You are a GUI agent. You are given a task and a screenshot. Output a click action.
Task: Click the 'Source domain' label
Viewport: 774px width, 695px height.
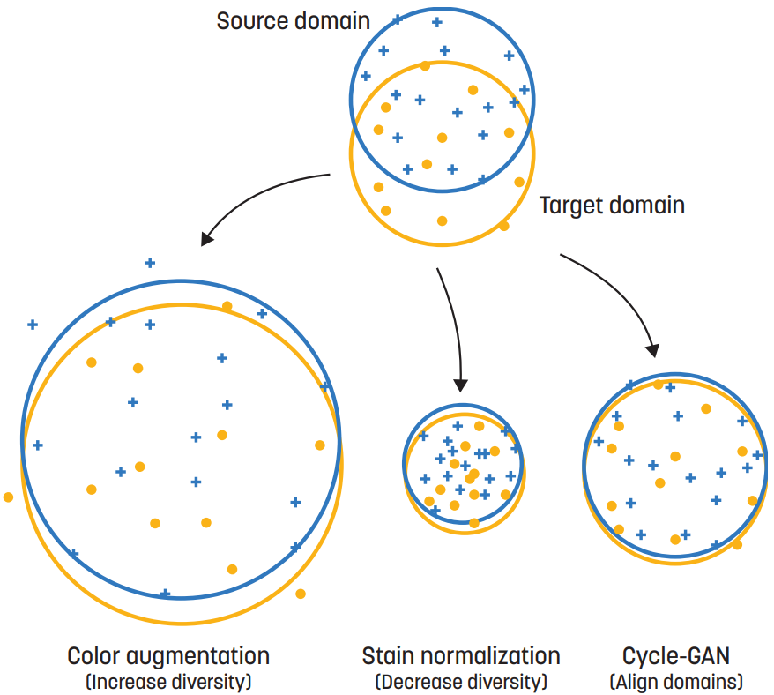[293, 20]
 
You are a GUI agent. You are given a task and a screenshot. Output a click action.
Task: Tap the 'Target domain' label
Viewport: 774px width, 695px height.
[612, 206]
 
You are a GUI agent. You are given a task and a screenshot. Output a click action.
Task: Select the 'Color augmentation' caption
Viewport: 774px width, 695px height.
[168, 656]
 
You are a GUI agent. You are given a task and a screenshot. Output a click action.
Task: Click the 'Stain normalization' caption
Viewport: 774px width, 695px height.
[461, 656]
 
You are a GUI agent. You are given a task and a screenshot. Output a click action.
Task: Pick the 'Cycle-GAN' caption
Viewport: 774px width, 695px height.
[676, 656]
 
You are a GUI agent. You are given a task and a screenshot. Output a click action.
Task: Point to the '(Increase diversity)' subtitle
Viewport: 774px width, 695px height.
[168, 682]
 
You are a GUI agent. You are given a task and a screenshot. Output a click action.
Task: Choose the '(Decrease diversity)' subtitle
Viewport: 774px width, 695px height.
[461, 682]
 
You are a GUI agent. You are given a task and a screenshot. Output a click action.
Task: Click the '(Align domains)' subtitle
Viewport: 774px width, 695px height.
[676, 682]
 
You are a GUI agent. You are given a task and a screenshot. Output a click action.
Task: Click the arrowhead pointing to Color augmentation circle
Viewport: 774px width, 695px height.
[206, 238]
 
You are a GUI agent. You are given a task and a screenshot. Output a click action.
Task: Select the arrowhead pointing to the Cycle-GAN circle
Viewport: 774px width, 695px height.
[652, 350]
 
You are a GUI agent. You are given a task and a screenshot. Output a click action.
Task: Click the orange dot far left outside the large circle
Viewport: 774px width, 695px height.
[9, 497]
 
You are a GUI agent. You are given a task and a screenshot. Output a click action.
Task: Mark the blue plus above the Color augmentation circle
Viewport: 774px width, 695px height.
[150, 262]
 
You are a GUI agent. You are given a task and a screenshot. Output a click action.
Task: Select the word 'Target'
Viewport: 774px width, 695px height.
[570, 206]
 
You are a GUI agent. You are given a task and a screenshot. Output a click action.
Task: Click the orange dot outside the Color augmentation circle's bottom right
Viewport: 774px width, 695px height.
[301, 594]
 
